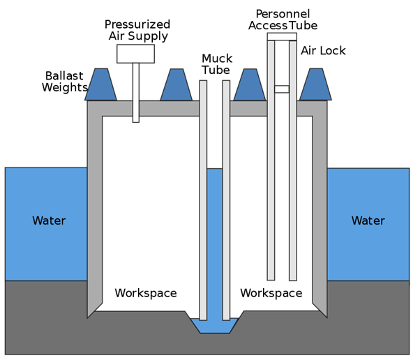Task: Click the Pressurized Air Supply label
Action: coord(137,30)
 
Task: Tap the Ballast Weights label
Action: coord(65,81)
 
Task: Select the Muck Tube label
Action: coord(217,64)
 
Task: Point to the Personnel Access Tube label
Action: coord(283,20)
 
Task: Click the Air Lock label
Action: coord(323,51)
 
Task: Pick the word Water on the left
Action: coord(49,220)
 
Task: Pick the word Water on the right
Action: coord(368,220)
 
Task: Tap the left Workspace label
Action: coord(145,292)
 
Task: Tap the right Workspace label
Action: coord(271,292)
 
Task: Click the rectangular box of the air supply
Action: coord(136,53)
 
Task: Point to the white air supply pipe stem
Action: coord(136,91)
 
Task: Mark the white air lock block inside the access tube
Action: coord(282,89)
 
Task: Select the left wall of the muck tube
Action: coord(203,202)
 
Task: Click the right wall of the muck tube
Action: coord(226,202)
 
